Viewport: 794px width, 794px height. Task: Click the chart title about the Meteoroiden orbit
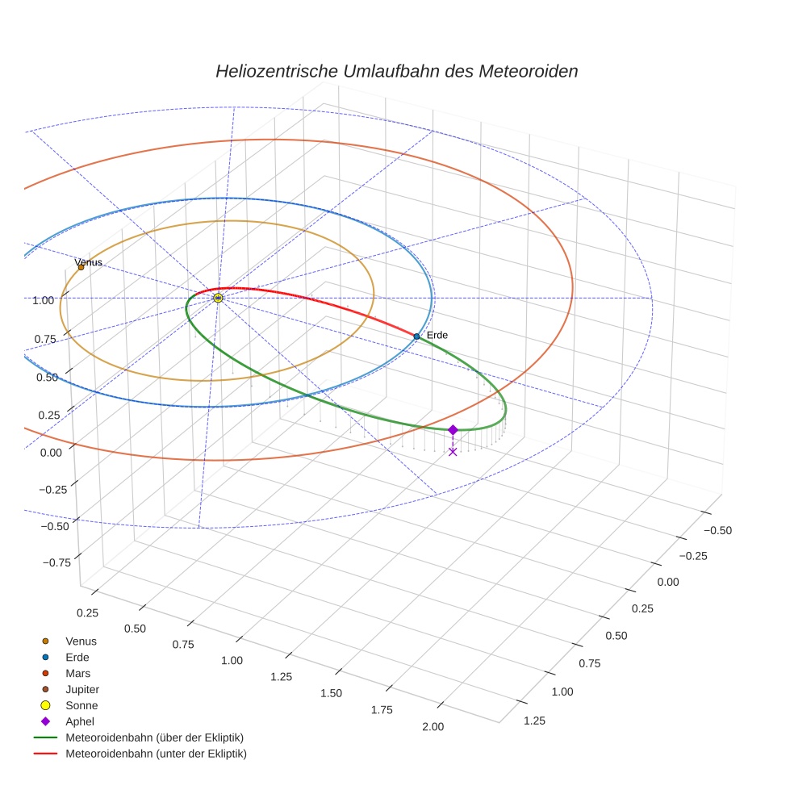[x=396, y=71]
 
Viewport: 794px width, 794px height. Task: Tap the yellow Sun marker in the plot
[x=218, y=298]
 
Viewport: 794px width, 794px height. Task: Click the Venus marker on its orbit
[x=81, y=267]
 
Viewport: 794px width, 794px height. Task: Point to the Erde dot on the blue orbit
[x=416, y=336]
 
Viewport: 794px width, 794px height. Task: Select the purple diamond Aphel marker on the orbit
[x=453, y=430]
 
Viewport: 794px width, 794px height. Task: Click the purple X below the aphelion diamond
[x=453, y=451]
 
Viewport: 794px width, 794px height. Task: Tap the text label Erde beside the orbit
[x=437, y=335]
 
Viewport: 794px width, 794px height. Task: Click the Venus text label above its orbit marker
[x=90, y=262]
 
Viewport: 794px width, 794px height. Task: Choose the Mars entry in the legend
[x=77, y=673]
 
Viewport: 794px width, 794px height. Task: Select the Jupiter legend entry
[x=81, y=689]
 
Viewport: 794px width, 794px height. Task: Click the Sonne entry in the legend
[x=81, y=705]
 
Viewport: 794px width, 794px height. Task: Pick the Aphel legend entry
[x=80, y=721]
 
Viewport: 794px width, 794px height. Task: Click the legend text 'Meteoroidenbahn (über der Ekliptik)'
[x=154, y=738]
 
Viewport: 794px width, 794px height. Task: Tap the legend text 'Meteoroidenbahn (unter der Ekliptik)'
[x=156, y=754]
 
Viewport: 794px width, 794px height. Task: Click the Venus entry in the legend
[x=81, y=641]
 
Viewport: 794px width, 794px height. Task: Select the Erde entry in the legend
[x=77, y=657]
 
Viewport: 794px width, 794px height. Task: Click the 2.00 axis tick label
[x=433, y=726]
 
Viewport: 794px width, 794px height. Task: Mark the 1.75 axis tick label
[x=382, y=709]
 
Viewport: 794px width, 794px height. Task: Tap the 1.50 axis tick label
[x=331, y=693]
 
